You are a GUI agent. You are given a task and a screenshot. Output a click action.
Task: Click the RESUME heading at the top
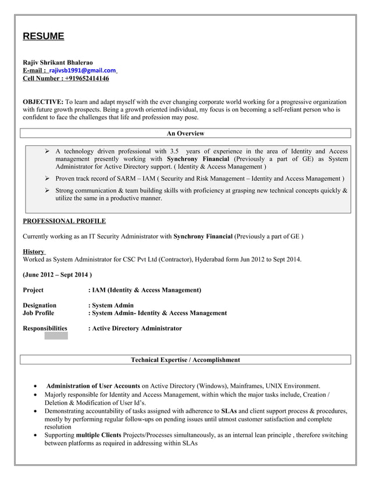(x=43, y=36)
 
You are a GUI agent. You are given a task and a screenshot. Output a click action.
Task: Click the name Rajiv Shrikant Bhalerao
(x=58, y=62)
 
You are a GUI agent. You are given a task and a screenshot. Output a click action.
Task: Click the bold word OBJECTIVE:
(x=43, y=101)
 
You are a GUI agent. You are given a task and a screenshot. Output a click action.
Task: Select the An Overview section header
(x=185, y=134)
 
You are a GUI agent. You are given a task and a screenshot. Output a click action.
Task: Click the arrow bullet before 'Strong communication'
(x=47, y=191)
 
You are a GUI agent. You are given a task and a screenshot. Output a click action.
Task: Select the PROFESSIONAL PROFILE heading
(x=64, y=221)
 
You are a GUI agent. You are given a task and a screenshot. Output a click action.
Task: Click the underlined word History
(x=33, y=251)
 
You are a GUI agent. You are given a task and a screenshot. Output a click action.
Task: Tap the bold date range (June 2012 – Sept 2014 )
(x=57, y=274)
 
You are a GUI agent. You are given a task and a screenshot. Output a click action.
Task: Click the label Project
(x=33, y=289)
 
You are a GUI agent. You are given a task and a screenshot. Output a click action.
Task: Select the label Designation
(x=40, y=305)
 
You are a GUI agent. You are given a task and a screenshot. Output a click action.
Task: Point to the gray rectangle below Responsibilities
(x=56, y=335)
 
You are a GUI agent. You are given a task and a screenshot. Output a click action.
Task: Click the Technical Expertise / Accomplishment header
(x=185, y=360)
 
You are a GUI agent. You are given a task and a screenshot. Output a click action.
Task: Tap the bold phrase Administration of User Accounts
(x=93, y=386)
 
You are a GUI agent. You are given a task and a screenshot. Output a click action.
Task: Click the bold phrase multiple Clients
(x=96, y=435)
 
